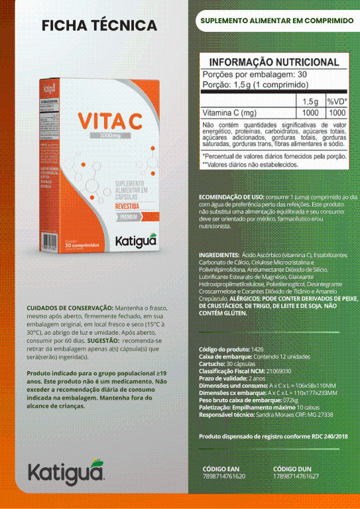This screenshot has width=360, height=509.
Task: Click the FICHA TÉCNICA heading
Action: click(99, 25)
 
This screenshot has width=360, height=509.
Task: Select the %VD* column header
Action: click(337, 101)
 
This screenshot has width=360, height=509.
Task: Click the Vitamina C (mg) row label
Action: click(229, 113)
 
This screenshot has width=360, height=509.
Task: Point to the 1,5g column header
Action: click(310, 101)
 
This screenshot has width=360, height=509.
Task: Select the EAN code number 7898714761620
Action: click(223, 476)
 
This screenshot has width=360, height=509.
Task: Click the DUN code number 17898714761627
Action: click(296, 476)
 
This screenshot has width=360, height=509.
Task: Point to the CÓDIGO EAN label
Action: click(219, 469)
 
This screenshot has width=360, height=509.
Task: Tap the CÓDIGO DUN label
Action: click(292, 469)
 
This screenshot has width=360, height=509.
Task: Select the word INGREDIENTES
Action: click(219, 255)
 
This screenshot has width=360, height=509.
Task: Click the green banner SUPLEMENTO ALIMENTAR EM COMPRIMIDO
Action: click(276, 21)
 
